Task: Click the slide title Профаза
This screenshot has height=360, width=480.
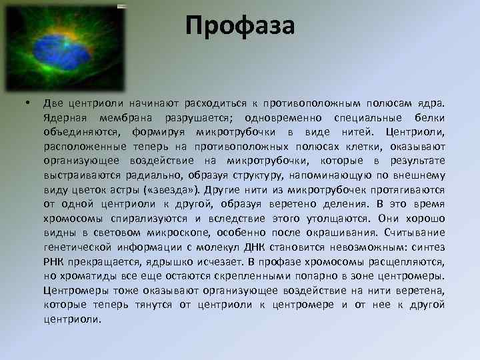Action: tap(240, 26)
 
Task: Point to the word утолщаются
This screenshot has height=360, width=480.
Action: tap(337, 218)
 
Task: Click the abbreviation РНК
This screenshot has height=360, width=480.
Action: tap(55, 261)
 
